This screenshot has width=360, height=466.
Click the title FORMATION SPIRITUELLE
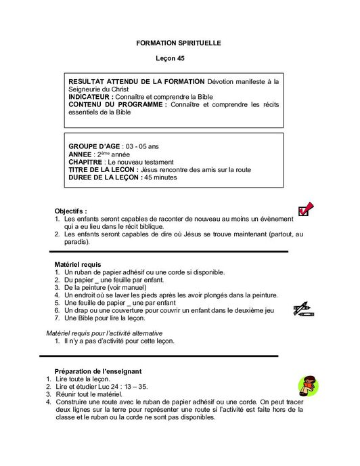[x=179, y=43]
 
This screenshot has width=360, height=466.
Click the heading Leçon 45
[x=179, y=59]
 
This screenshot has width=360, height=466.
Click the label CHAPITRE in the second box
[x=86, y=162]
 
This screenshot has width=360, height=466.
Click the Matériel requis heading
[x=78, y=263]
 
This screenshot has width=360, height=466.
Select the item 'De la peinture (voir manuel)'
[x=106, y=287]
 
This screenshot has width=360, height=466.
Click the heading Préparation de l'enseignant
[x=97, y=371]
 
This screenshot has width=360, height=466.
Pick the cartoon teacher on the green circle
[x=309, y=385]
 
